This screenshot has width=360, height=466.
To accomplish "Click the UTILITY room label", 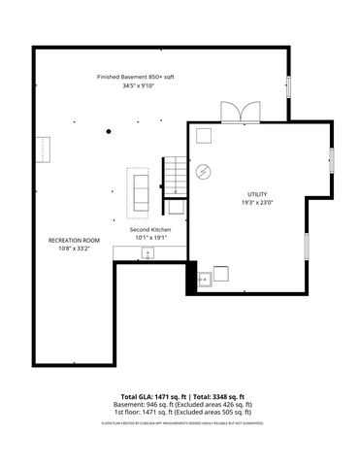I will point(257,194).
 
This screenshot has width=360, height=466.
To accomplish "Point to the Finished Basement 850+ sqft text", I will point(135,77).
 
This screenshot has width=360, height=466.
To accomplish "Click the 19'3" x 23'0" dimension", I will point(257,203).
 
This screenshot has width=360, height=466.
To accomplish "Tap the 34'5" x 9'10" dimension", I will point(135,86).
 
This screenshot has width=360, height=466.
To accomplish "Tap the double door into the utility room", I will point(235,112).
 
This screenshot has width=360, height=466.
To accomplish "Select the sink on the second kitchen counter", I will point(147,253).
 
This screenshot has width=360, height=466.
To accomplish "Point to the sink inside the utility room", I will point(205,280).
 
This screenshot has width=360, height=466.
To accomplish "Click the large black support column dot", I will point(109,130).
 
